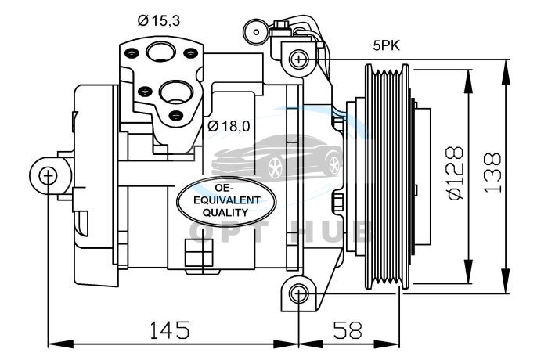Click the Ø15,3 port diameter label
pos(159,20)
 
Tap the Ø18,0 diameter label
pos(229,126)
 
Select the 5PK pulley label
pos(387,46)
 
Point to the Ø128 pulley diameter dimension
pos(455,173)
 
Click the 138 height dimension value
pos(492,173)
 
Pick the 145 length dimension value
pos(170,330)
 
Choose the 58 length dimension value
pos(348,330)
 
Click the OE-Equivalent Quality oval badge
pos(226,201)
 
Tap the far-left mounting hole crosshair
pos(48,175)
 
